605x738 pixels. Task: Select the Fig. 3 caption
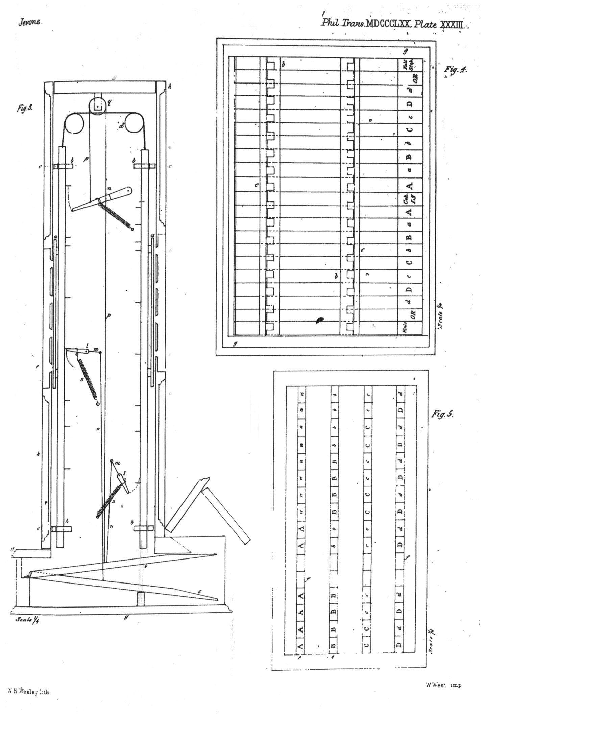[x=24, y=108]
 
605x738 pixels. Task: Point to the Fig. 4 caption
[x=455, y=69]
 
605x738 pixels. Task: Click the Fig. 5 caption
[x=443, y=414]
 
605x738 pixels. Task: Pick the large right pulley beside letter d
[x=134, y=123]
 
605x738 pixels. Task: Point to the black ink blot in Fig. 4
[x=319, y=320]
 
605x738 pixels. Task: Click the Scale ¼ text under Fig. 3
[x=27, y=620]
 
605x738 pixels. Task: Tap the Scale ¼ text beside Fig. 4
[x=440, y=315]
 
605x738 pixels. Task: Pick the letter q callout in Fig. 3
[x=110, y=102]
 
